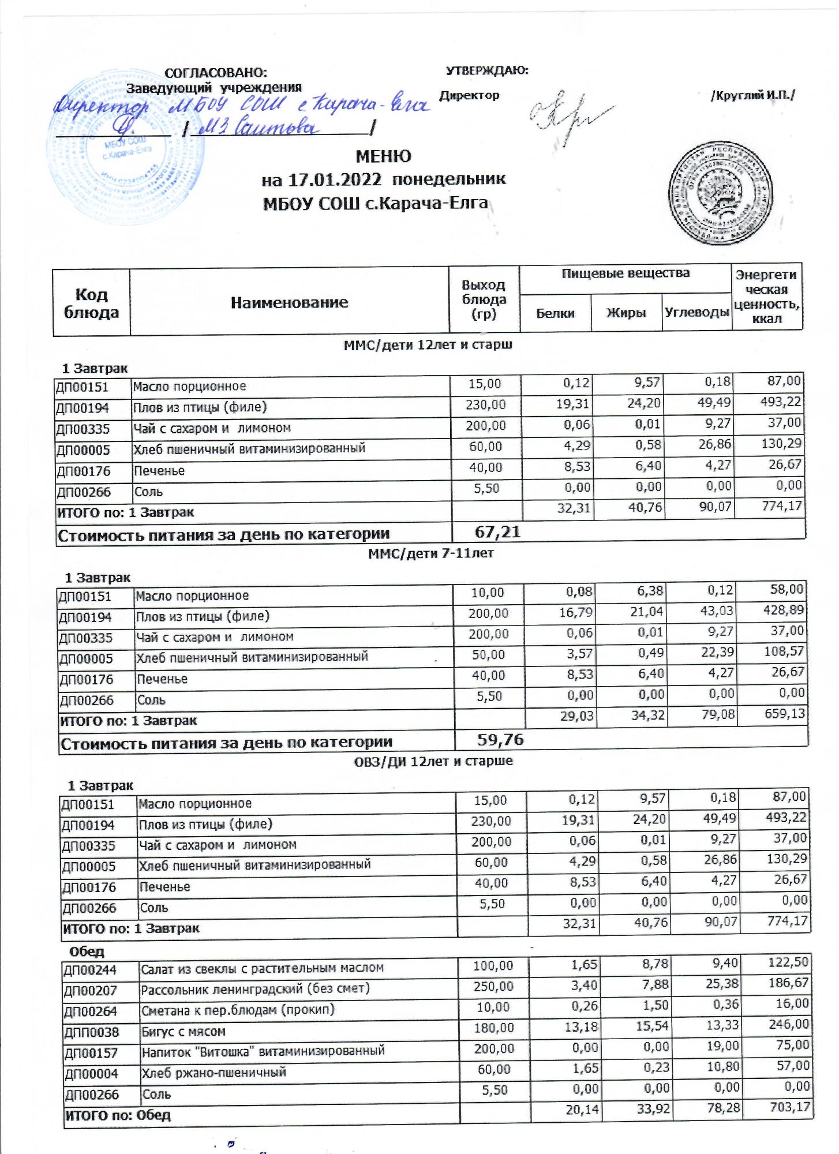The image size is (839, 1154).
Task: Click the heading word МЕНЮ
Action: [383, 156]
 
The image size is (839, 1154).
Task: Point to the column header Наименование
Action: [289, 302]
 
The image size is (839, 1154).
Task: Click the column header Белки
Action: [555, 313]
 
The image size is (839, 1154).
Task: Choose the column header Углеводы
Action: [697, 313]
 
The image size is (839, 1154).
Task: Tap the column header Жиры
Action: [625, 313]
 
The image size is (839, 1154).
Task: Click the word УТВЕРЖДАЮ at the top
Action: [487, 71]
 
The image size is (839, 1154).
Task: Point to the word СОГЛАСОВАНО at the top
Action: [216, 73]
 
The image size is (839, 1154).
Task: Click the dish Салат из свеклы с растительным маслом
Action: [262, 968]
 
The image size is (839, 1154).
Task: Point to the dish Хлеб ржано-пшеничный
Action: [214, 1073]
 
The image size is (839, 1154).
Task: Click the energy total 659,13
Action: [784, 714]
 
